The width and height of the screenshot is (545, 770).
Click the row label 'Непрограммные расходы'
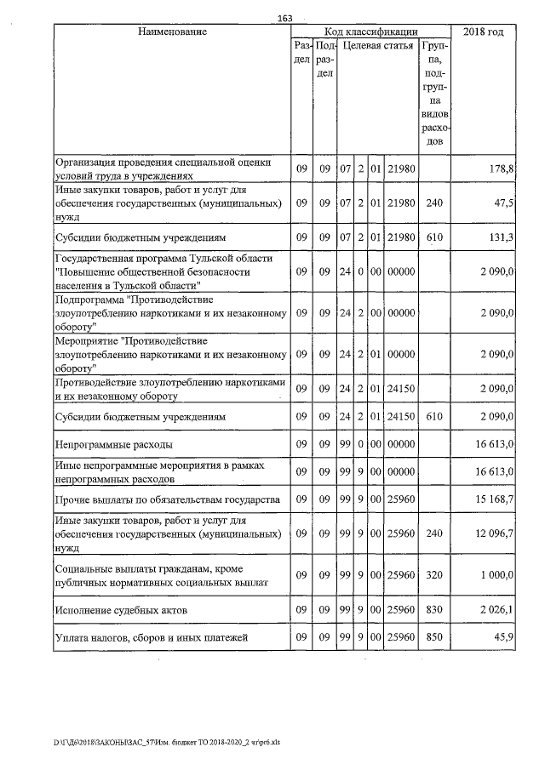tap(114, 444)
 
